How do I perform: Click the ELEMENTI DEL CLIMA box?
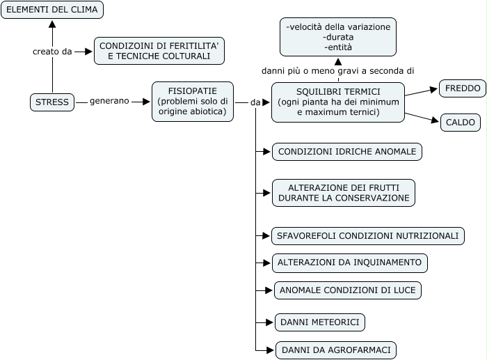click(x=52, y=10)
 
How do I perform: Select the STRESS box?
click(x=52, y=102)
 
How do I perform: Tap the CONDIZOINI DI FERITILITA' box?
click(x=159, y=51)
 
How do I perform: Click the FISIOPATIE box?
click(x=193, y=102)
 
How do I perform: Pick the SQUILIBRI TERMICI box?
click(x=338, y=102)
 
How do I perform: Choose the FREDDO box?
click(x=463, y=88)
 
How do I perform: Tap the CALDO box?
click(x=461, y=123)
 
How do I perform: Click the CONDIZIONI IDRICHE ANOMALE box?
click(x=347, y=152)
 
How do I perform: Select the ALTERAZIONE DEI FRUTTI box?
click(x=344, y=193)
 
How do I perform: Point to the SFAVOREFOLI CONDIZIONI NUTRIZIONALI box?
click(x=368, y=236)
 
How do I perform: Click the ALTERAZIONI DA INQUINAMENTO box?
click(x=350, y=263)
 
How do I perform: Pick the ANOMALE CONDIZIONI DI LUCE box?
click(x=348, y=290)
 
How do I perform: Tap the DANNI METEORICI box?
click(x=320, y=322)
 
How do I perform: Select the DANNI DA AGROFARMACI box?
click(x=336, y=350)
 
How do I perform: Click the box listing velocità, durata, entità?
click(x=338, y=37)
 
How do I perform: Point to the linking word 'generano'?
click(x=109, y=101)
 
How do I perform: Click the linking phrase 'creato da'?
click(x=52, y=52)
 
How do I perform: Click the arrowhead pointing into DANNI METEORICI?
click(x=270, y=322)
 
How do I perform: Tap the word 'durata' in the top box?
click(x=338, y=38)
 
